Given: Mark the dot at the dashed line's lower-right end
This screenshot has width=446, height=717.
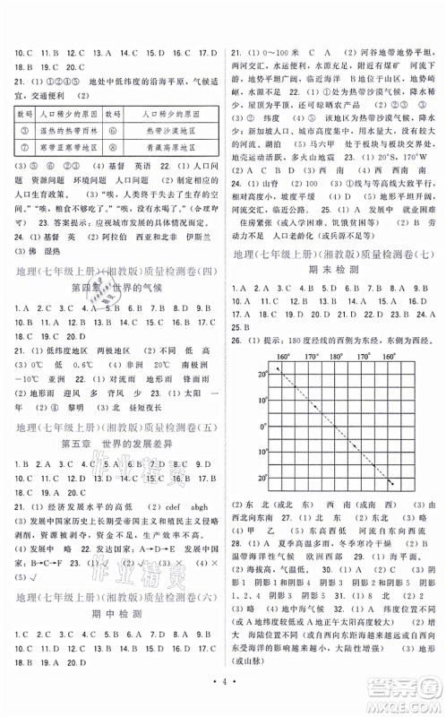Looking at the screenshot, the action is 390,484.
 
